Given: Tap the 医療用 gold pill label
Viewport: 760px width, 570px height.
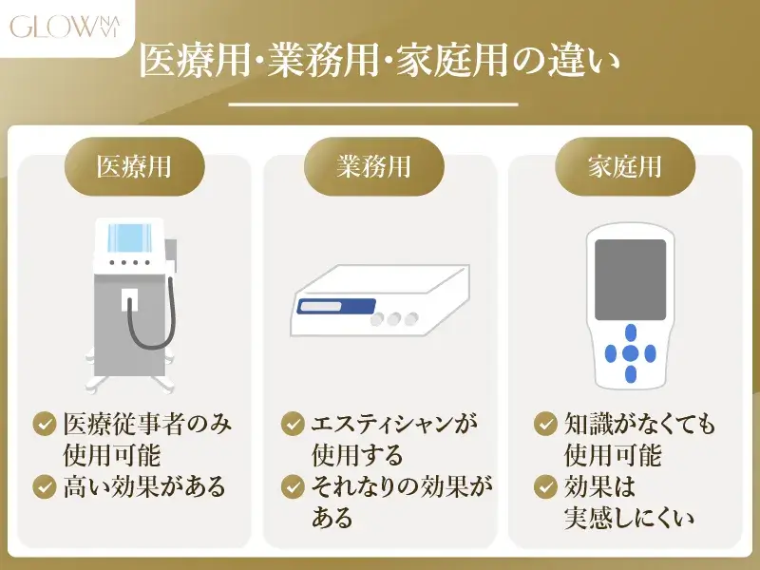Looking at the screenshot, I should (x=134, y=166).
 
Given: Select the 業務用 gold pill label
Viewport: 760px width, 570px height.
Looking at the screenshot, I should (x=373, y=166).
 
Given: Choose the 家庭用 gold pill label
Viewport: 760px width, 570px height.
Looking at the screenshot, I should (x=624, y=166).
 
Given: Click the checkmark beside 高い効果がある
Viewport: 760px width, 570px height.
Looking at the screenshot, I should (x=44, y=487).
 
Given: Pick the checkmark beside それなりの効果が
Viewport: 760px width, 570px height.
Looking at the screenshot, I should (x=294, y=487).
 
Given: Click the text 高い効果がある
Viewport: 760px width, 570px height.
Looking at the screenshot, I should (x=144, y=487).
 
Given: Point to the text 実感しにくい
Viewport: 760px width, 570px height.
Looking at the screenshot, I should (x=630, y=519).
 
